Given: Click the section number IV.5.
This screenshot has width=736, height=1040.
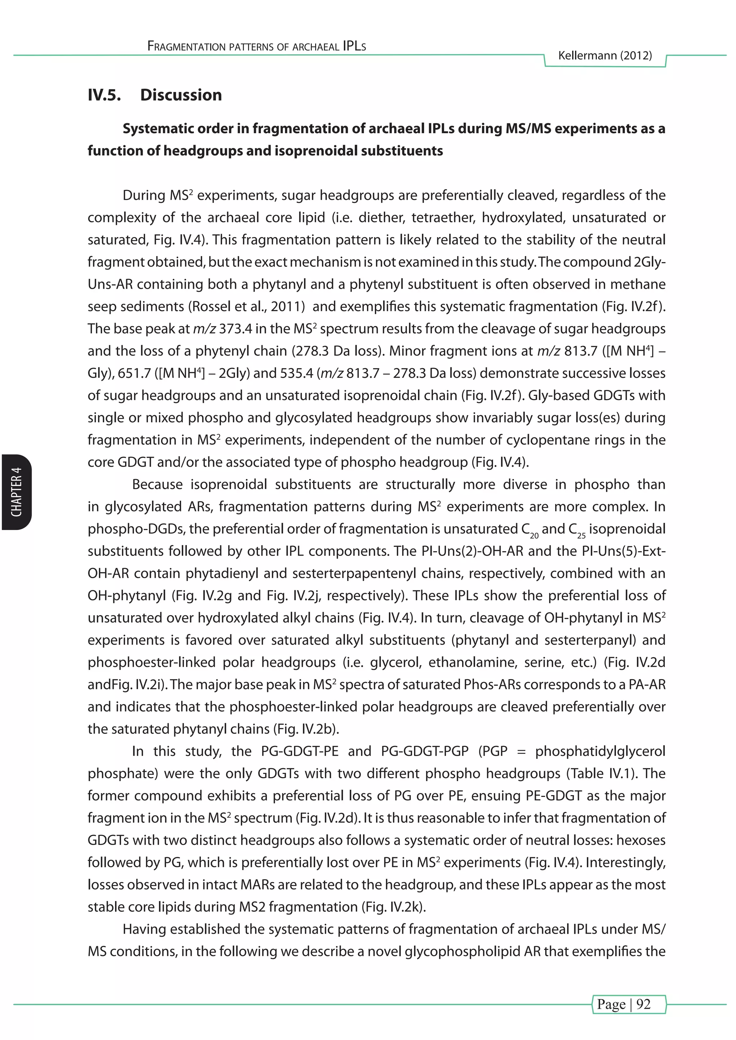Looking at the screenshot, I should tap(104, 95).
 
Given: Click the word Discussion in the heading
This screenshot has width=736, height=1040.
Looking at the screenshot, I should tap(181, 95).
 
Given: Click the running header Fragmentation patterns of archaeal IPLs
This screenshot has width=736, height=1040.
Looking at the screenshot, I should tap(257, 46).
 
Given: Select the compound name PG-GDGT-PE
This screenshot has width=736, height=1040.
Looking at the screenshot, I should tap(300, 752).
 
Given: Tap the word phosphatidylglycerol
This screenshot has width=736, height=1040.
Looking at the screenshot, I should tap(600, 752).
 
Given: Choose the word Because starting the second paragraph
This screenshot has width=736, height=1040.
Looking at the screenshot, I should tap(157, 485).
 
